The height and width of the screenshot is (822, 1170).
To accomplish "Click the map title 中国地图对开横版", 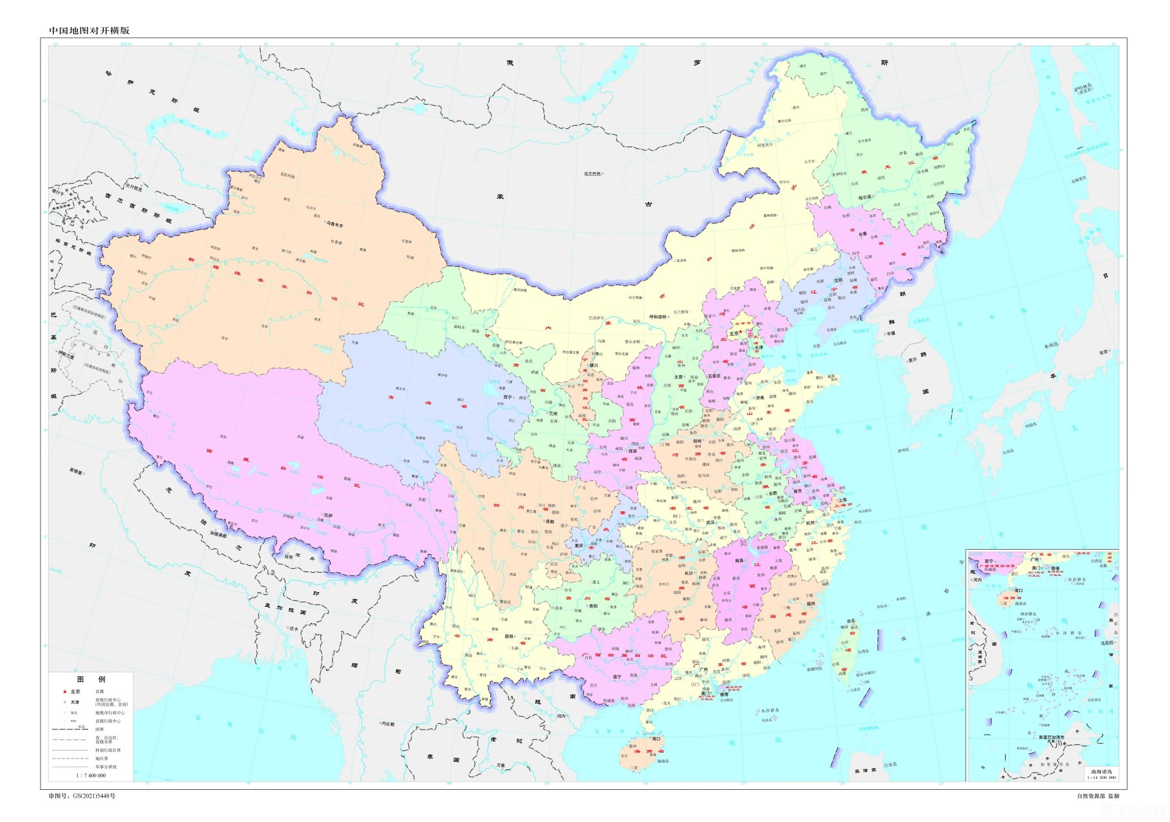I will click(x=89, y=30).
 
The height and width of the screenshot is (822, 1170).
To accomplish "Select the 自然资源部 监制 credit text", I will click(x=1097, y=796).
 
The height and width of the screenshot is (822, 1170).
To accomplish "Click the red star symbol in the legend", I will click(x=64, y=692).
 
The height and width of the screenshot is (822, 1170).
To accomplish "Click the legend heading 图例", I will click(x=90, y=679).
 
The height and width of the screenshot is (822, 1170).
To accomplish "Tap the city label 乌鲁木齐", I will click(x=334, y=225).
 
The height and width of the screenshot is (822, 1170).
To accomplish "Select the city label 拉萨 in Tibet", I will click(x=328, y=515).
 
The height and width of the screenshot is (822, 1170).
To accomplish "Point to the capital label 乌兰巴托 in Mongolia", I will click(x=592, y=174).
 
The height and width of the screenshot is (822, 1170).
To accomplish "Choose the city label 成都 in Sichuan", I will click(x=549, y=521).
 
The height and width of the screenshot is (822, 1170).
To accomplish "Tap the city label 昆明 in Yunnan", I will click(x=508, y=636).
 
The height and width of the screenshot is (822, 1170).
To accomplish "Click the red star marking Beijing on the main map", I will click(x=740, y=332).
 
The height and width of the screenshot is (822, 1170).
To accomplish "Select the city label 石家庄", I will click(x=714, y=376).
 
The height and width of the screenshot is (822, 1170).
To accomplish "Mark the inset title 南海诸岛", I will click(x=1101, y=771).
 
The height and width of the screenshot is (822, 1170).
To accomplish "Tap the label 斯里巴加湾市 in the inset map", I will click(x=1051, y=737).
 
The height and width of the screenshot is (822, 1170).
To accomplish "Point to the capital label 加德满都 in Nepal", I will click(x=218, y=534).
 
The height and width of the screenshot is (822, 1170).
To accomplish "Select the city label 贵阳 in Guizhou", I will click(x=592, y=606).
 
